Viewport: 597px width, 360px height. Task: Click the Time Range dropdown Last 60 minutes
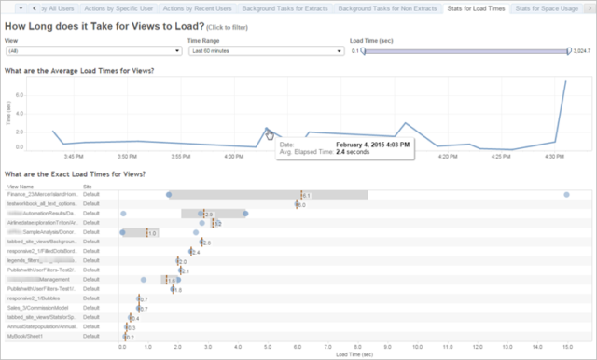click(x=265, y=50)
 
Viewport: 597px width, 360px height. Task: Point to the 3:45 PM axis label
click(x=75, y=156)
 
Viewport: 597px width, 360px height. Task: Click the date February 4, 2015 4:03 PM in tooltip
click(x=358, y=145)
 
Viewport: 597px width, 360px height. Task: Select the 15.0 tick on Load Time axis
click(x=566, y=345)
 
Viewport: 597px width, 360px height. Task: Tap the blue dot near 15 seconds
click(x=566, y=194)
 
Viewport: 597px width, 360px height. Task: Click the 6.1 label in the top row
click(x=305, y=195)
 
